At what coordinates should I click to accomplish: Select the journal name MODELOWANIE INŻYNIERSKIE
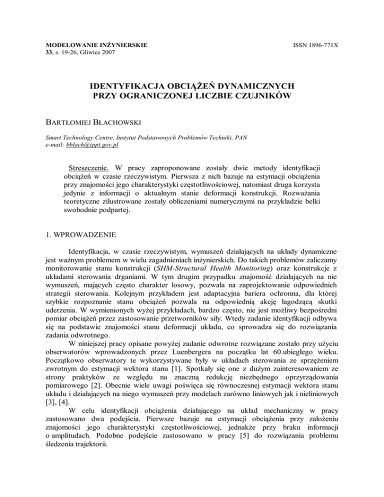pos(90,45)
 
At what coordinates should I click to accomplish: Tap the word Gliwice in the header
pos(102,52)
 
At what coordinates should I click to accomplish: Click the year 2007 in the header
pos(123,52)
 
